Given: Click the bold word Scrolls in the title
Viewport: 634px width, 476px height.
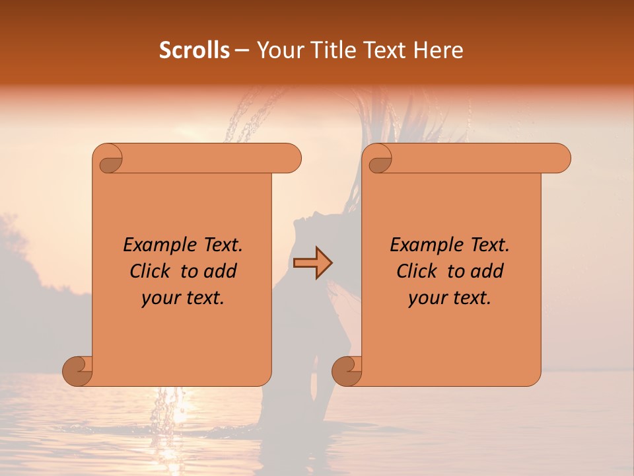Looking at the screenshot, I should [194, 50].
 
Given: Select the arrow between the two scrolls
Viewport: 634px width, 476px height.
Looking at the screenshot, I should [312, 263].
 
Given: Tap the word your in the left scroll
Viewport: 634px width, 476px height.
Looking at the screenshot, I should [160, 297].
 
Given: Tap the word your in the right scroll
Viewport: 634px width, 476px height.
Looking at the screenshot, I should [427, 297].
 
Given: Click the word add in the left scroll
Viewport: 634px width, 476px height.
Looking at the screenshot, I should [221, 271].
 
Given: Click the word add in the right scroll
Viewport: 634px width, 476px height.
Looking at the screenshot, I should [487, 271].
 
